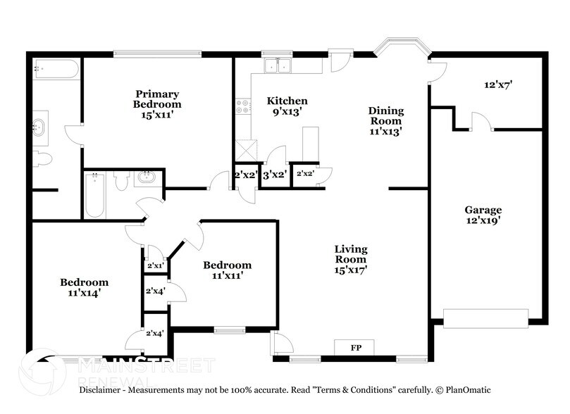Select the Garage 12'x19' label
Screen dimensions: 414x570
(483, 215)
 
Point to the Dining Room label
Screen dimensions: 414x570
(385, 120)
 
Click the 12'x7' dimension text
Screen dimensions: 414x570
(497, 84)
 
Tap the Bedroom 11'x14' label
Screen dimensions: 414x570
(84, 287)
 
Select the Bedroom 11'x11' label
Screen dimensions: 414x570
(227, 270)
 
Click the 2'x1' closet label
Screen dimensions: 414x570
(154, 266)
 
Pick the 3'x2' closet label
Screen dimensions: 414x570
(274, 174)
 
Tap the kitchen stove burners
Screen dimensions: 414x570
(243, 106)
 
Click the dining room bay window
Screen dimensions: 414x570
(399, 46)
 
